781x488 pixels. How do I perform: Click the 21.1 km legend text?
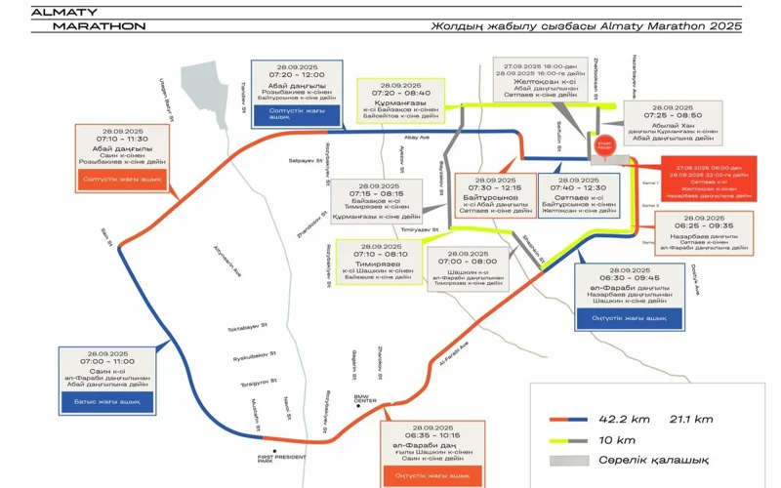point(690,418)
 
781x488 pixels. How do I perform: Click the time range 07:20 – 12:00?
point(297,74)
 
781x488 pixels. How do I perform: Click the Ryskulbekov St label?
point(253,354)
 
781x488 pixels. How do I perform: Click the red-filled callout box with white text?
point(708,179)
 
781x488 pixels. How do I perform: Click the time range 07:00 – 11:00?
point(106,361)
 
